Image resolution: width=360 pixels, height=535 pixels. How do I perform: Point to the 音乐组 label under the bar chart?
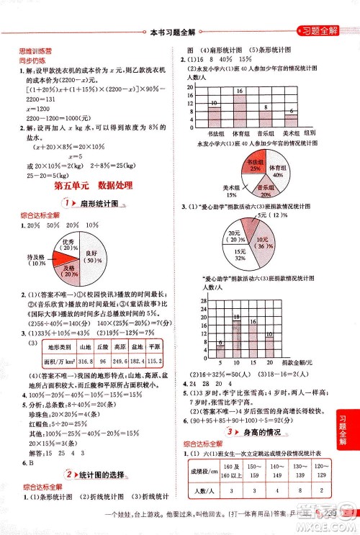[x=265, y=133]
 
